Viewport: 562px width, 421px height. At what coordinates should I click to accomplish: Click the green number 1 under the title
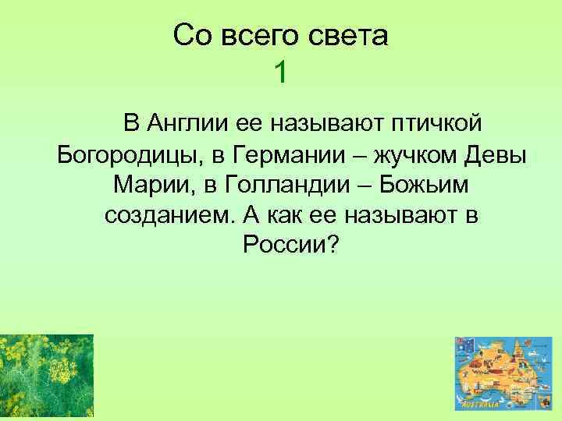tap(281, 73)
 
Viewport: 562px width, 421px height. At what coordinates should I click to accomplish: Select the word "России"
tap(283, 246)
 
